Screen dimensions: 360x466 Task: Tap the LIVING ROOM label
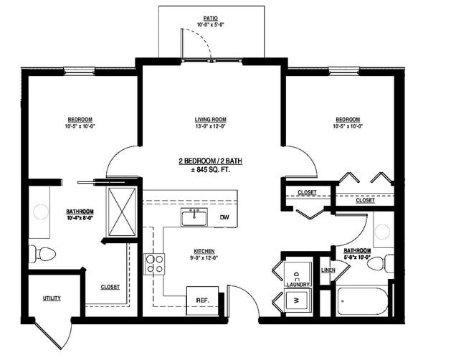[x=211, y=119]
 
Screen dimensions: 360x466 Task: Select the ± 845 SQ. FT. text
[x=211, y=170]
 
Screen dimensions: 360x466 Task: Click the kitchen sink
[x=194, y=217]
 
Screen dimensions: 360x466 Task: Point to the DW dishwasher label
[x=224, y=217]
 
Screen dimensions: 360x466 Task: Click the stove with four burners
[x=154, y=264]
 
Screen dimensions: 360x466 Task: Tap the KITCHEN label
[x=204, y=251]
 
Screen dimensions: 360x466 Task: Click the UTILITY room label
[x=52, y=298]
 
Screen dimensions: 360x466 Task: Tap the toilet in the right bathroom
[x=377, y=263]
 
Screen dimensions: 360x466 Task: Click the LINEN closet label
[x=328, y=270]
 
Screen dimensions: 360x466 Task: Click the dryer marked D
[x=297, y=272]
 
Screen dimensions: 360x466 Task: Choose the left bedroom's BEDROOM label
[x=80, y=119]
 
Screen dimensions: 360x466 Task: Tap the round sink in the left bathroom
[x=41, y=212]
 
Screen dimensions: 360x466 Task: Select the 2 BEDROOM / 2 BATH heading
[x=211, y=161]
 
